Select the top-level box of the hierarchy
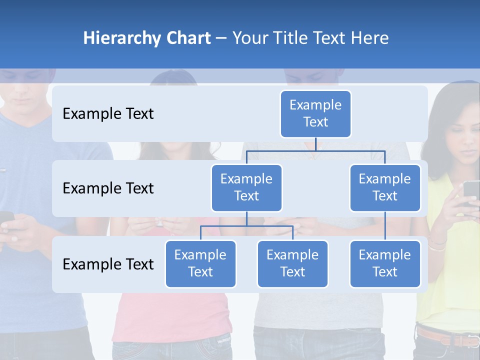click(x=315, y=113)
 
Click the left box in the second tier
click(x=246, y=187)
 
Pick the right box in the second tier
click(x=385, y=187)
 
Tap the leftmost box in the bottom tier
click(x=200, y=263)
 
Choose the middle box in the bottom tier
click(x=292, y=263)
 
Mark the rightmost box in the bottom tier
click(x=385, y=263)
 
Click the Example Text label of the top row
click(x=108, y=114)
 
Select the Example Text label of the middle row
click(x=108, y=188)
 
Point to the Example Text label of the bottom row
click(x=108, y=264)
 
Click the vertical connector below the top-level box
click(x=315, y=144)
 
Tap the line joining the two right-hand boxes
click(x=385, y=226)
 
